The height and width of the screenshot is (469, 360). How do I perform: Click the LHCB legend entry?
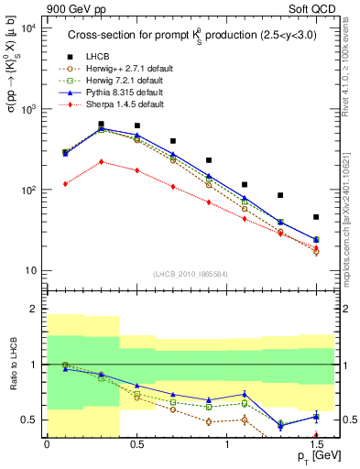tap(99, 57)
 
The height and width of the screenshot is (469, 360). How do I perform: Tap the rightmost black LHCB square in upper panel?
tap(316, 217)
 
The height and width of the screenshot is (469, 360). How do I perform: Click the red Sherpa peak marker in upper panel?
tap(101, 161)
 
